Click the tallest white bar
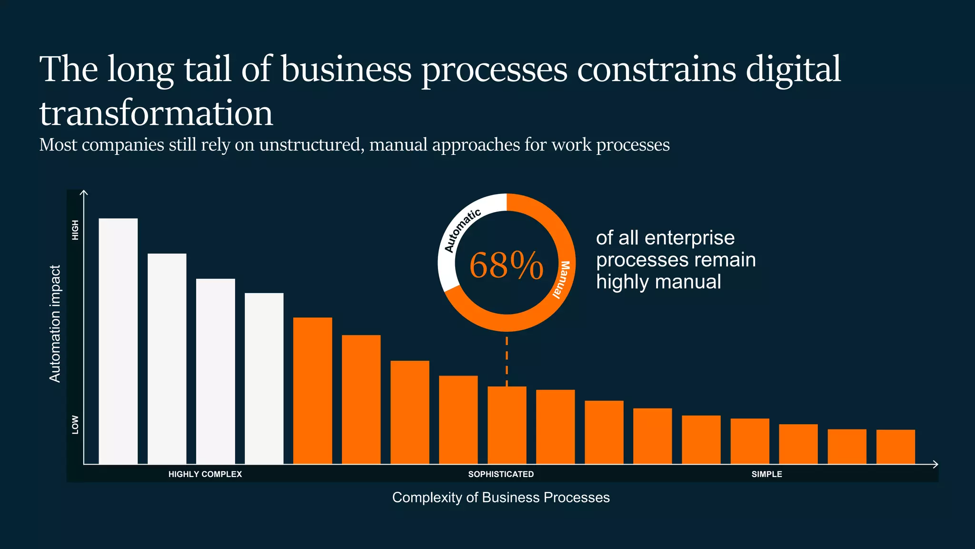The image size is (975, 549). tap(118, 341)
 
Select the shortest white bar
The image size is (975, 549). tap(264, 378)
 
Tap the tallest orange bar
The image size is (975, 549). tap(312, 391)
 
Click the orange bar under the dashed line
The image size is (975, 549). tap(507, 425)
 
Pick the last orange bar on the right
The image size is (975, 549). tap(895, 447)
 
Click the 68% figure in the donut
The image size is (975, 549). tap(506, 265)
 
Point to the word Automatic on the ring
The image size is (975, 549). tap(462, 230)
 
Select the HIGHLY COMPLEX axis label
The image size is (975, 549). tap(205, 474)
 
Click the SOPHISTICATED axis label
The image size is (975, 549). tap(501, 474)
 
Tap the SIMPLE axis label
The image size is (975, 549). tap(766, 474)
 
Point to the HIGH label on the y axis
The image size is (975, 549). tap(75, 230)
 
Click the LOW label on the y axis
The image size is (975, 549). tap(75, 425)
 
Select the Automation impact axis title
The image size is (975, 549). tap(55, 324)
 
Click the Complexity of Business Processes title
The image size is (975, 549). tap(501, 498)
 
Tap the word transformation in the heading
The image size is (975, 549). tap(156, 113)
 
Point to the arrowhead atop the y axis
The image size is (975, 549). tap(84, 193)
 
